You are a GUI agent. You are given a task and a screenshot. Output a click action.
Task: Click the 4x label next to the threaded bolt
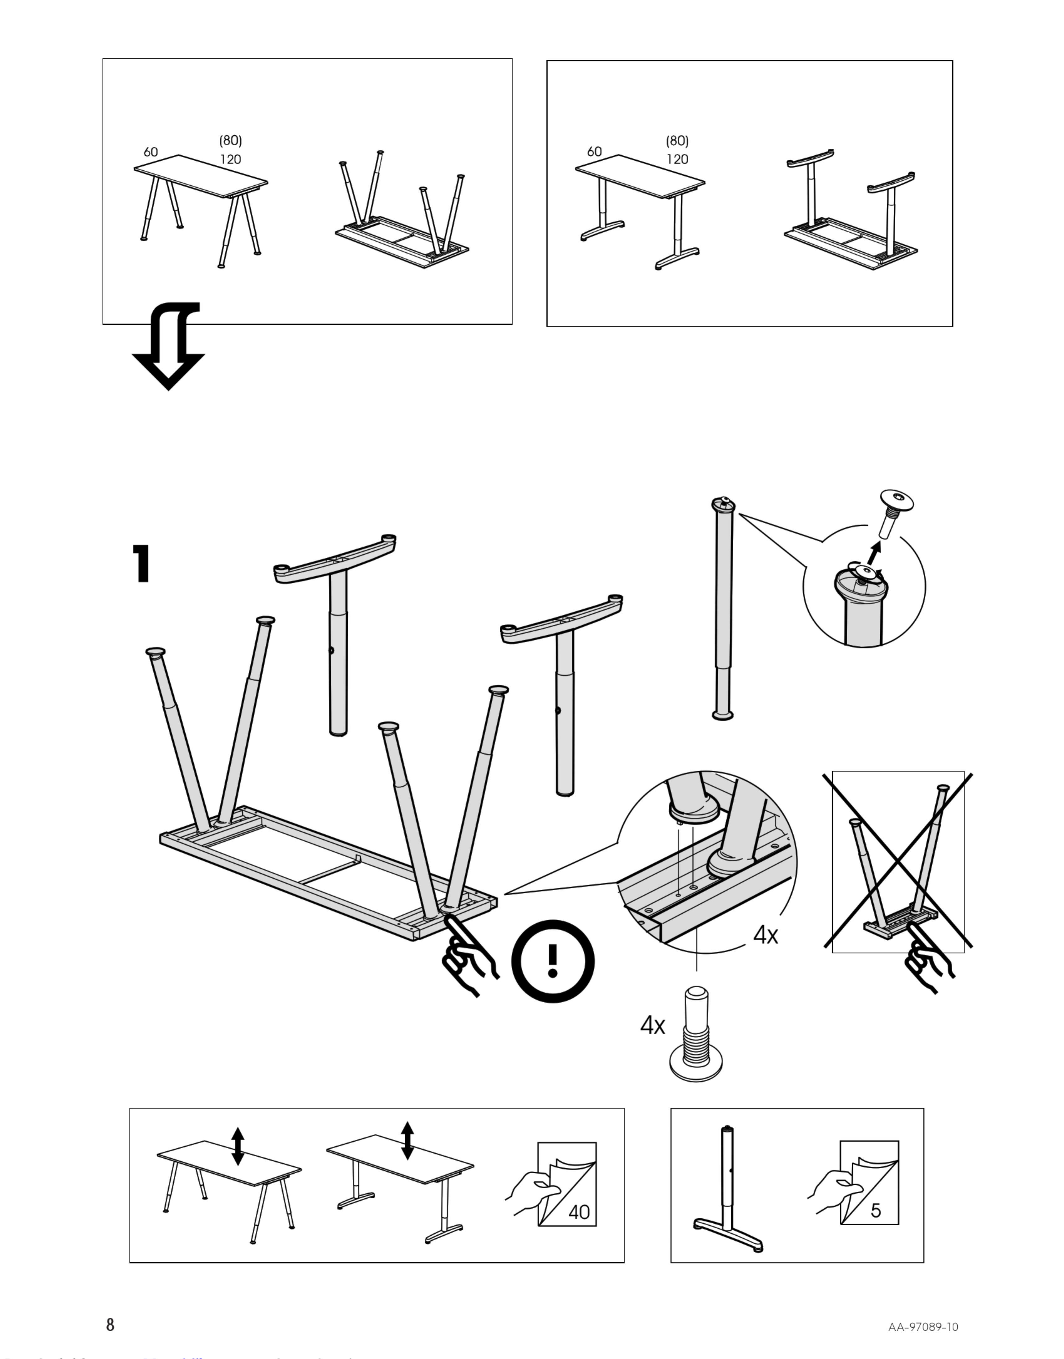(x=652, y=1026)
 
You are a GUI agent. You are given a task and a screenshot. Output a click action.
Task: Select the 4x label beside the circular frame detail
(x=765, y=935)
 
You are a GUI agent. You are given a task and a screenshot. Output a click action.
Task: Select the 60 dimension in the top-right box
(x=594, y=152)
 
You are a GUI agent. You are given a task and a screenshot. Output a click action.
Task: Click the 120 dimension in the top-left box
(x=231, y=160)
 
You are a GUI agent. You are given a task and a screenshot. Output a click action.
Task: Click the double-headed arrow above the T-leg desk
(x=407, y=1141)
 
